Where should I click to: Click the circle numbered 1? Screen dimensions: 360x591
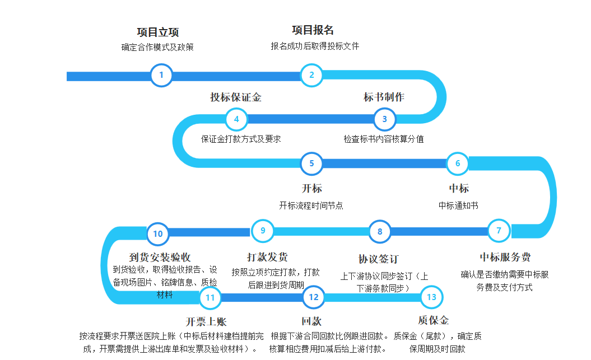(x=161, y=75)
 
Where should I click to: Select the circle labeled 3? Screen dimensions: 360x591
(x=384, y=119)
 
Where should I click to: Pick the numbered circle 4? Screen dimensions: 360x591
(x=236, y=119)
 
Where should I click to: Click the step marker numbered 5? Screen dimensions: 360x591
(x=311, y=163)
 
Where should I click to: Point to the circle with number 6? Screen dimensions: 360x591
(x=458, y=163)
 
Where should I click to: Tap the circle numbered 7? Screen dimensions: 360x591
(x=499, y=230)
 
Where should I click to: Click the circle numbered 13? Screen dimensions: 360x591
(x=431, y=297)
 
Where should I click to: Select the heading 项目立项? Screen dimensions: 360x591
(x=157, y=32)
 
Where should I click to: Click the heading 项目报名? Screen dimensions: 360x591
(x=313, y=30)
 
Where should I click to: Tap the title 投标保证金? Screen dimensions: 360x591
(x=236, y=97)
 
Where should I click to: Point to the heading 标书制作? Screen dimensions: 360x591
(x=384, y=97)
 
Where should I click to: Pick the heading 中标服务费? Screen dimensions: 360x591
(x=505, y=258)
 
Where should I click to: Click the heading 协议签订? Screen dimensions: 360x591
(x=378, y=259)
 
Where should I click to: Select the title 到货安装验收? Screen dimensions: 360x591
(x=160, y=258)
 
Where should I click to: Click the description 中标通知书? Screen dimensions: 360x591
(x=458, y=205)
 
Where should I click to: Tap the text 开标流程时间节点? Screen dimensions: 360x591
(x=311, y=205)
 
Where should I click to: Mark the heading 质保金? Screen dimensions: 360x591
(x=433, y=321)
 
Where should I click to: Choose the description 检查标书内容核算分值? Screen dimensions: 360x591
(x=384, y=139)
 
